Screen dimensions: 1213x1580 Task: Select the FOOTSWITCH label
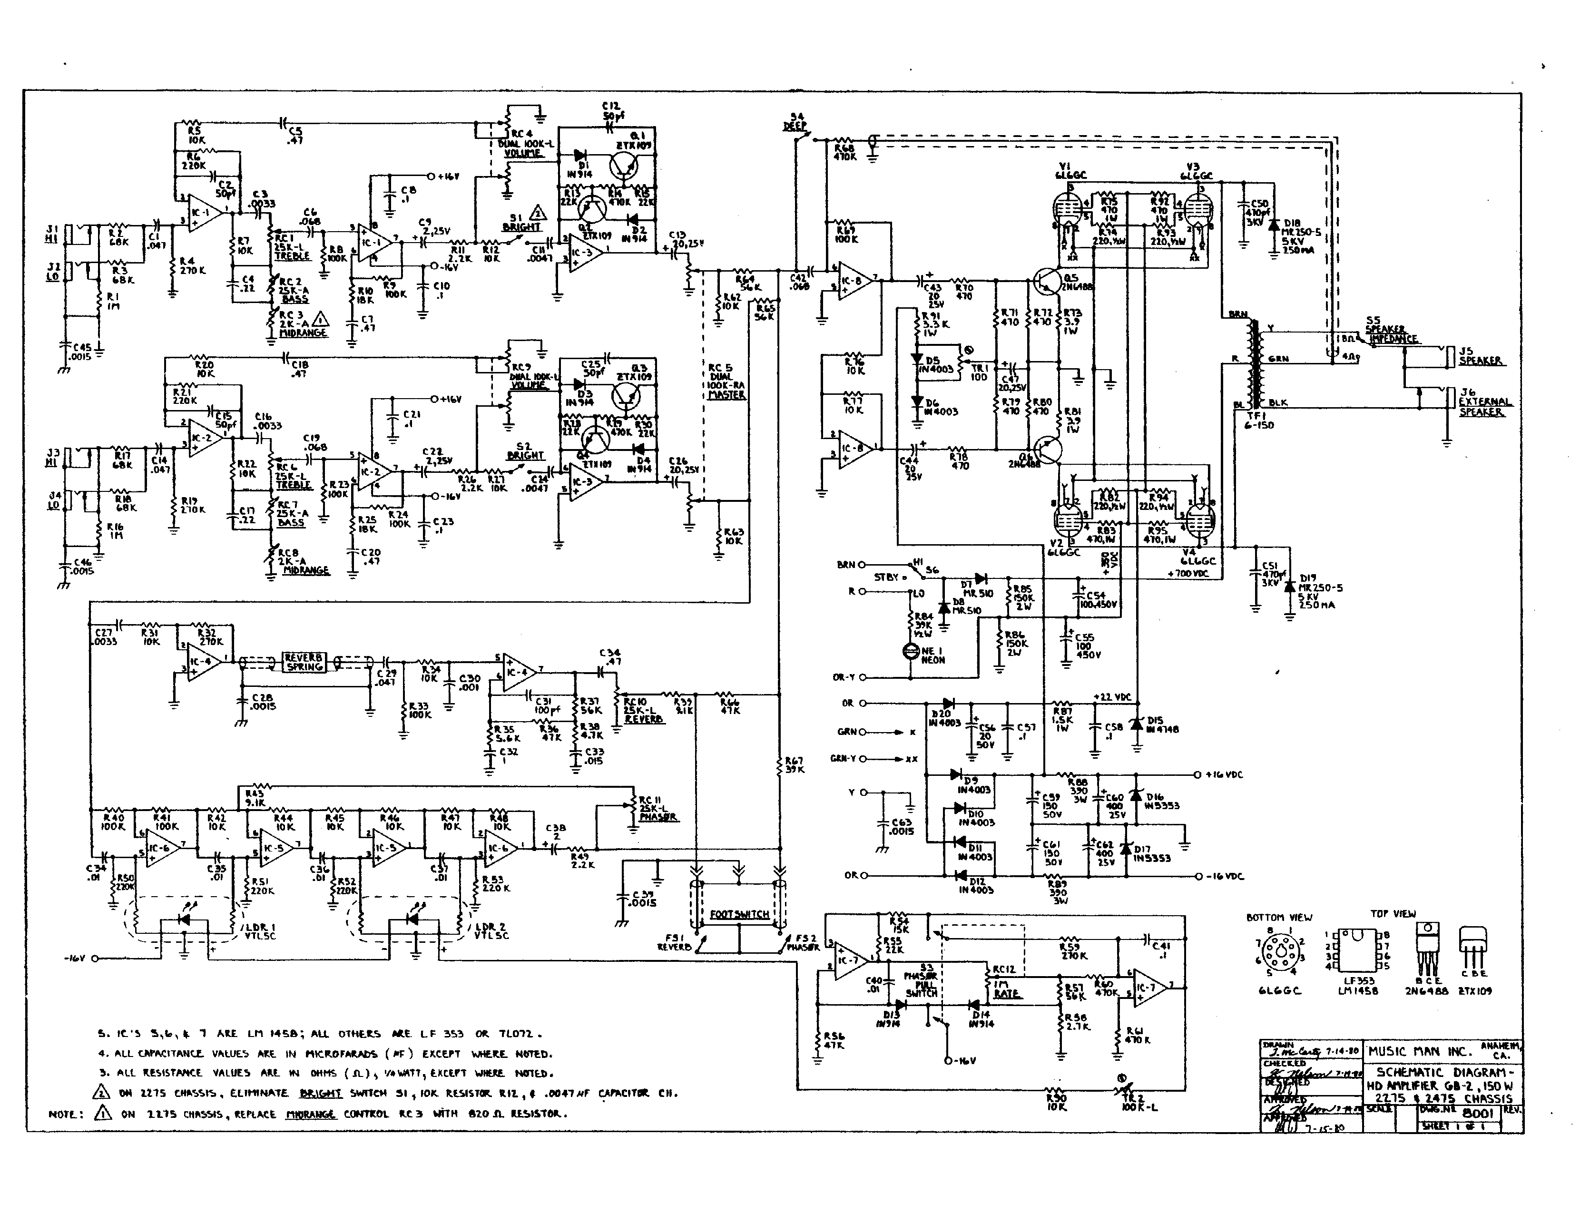(x=739, y=914)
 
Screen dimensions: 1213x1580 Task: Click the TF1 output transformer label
(x=1259, y=420)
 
